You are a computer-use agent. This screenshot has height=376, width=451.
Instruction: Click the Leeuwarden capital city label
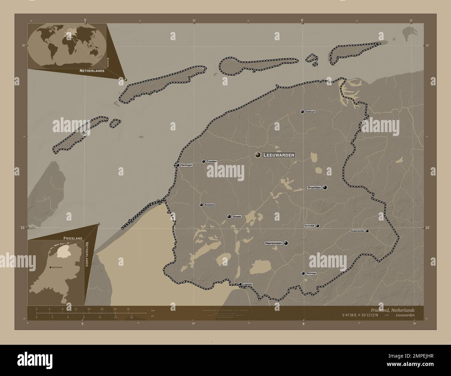[279, 155]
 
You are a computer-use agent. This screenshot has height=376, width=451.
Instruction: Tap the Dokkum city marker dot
[303, 112]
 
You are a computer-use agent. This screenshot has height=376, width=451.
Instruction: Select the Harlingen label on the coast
[186, 165]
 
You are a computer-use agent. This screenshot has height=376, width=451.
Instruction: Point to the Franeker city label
[212, 161]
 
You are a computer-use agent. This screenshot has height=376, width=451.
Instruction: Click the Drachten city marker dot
[325, 188]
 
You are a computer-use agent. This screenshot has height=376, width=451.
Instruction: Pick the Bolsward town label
[210, 205]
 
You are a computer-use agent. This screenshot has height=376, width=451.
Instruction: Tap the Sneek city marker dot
[229, 216]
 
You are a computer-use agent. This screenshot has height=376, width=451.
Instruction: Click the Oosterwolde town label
[357, 231]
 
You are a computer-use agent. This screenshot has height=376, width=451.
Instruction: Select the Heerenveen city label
[274, 243]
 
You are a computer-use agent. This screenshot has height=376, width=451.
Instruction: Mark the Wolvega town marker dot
[303, 273]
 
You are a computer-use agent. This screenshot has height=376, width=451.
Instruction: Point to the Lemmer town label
[248, 284]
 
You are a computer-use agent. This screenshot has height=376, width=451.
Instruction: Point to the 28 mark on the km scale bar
[128, 309]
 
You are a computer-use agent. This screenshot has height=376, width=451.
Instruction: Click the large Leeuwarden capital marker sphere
[258, 155]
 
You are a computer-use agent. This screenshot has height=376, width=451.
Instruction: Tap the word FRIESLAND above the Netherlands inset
[73, 238]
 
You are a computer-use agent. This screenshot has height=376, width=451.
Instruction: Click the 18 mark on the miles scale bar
[131, 317]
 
